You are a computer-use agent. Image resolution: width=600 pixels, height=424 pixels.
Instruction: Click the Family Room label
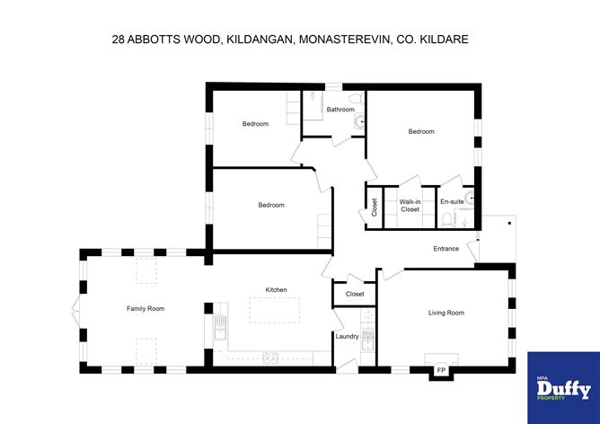(x=145, y=308)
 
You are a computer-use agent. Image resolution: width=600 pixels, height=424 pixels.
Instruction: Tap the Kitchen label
(x=276, y=289)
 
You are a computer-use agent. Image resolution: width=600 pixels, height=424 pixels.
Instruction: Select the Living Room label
(x=446, y=313)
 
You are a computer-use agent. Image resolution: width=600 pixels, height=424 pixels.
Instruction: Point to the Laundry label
(x=347, y=337)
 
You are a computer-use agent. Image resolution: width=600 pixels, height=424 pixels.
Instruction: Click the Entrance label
(x=446, y=249)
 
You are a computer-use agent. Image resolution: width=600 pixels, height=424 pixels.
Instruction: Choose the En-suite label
(x=452, y=201)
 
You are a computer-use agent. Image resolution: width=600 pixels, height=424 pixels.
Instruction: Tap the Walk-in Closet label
(x=410, y=206)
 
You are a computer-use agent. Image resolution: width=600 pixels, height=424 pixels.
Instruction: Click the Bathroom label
(x=340, y=110)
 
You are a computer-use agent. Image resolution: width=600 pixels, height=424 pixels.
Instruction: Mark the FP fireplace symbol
(x=441, y=369)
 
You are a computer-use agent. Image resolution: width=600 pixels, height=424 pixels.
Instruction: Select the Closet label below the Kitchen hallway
(x=355, y=294)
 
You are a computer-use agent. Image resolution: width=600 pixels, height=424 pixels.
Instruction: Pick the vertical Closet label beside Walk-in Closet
(x=374, y=208)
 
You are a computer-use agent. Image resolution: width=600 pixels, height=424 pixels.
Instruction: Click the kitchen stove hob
(x=270, y=358)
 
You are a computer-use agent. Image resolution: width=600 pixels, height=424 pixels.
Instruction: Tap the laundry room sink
(x=366, y=338)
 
